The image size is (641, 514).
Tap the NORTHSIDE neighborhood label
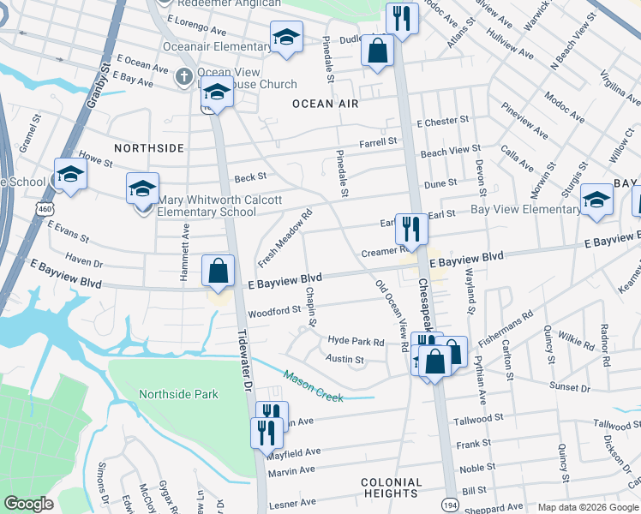coord(149,148)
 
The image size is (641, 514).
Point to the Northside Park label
coord(178,394)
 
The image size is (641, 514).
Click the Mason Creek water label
coord(314,386)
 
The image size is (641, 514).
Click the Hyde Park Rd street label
coord(356,341)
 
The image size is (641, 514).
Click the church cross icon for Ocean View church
coord(183,77)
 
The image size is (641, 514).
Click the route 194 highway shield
coord(448,505)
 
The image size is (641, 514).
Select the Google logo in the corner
coord(29,504)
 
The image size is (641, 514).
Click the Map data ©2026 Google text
coord(588,507)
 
